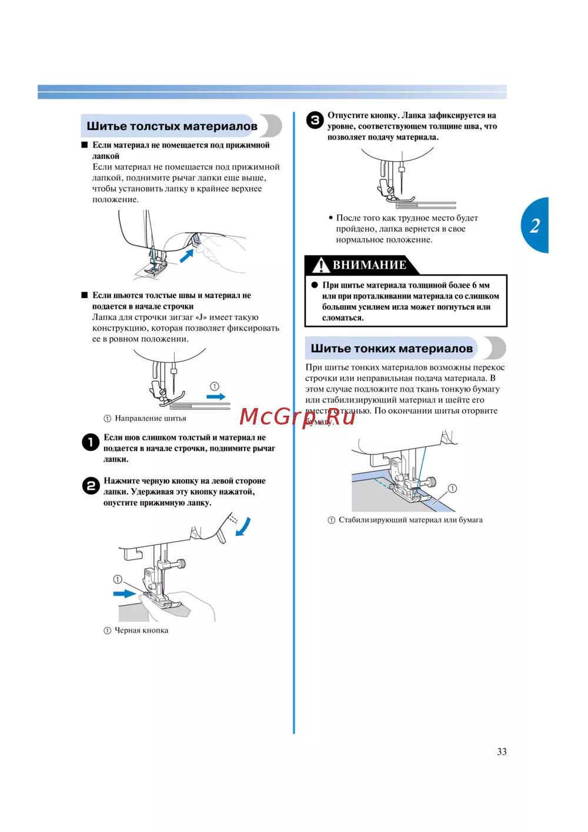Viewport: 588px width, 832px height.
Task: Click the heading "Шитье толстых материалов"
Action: click(x=172, y=126)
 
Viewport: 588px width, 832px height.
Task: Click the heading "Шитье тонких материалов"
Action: click(x=392, y=349)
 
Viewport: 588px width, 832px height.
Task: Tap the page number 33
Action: click(x=502, y=751)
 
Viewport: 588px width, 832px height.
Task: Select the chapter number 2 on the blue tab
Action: click(x=534, y=225)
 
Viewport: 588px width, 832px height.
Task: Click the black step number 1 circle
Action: click(x=91, y=442)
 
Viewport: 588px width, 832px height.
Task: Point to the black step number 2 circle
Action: click(x=91, y=486)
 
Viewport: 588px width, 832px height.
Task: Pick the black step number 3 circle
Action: click(x=315, y=121)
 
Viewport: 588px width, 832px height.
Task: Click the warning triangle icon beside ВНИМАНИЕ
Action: click(x=320, y=265)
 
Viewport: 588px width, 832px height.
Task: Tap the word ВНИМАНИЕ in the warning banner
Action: click(x=369, y=265)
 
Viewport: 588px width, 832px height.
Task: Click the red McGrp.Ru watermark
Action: click(x=297, y=417)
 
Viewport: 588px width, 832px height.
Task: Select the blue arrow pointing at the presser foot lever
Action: click(x=187, y=256)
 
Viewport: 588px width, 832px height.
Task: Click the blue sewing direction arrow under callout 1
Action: click(x=216, y=397)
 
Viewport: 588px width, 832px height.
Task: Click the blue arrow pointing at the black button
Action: click(x=125, y=593)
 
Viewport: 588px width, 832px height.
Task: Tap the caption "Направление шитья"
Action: click(x=150, y=419)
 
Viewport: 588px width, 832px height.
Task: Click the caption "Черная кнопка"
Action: click(x=141, y=630)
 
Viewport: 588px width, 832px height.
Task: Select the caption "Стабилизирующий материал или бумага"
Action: click(x=410, y=520)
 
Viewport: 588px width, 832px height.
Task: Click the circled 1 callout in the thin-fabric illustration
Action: click(x=452, y=489)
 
